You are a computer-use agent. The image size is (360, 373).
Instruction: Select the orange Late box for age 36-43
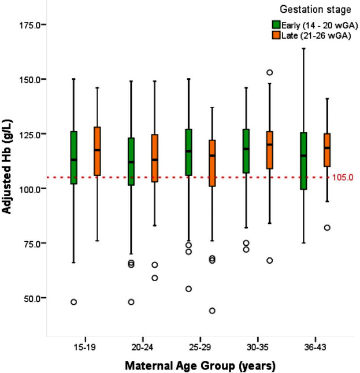tap(326, 150)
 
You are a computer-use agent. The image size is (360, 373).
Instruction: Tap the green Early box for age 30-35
tap(246, 151)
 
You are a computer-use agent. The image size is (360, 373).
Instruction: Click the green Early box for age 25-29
tap(188, 152)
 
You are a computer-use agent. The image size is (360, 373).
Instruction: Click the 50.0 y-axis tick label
tap(29, 298)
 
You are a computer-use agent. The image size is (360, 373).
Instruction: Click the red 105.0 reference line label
tap(343, 177)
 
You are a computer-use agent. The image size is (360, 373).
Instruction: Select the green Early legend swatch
tap(277, 25)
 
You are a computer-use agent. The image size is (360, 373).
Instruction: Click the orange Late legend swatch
tap(277, 35)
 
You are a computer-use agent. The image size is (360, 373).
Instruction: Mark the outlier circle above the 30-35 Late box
tap(269, 72)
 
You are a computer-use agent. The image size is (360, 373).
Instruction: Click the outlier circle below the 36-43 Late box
tap(326, 228)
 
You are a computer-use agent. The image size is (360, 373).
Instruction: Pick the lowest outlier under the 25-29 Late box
tap(212, 311)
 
